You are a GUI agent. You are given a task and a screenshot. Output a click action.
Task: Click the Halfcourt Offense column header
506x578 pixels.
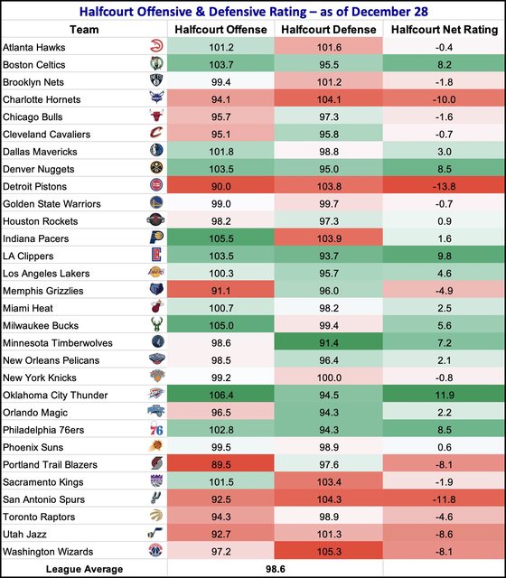pos(220,30)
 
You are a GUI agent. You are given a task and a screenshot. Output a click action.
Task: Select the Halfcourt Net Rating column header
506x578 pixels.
pos(444,30)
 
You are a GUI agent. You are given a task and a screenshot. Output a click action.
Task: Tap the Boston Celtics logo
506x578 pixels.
pos(156,64)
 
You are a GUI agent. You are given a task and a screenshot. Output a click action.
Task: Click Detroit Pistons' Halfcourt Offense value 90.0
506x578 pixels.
pos(220,187)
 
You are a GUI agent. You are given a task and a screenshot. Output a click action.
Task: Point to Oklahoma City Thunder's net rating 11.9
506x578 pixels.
pos(444,396)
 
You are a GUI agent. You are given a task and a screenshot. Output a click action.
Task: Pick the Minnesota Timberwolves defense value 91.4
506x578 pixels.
pos(329,343)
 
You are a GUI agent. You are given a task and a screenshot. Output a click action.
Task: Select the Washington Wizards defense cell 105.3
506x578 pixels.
pos(329,552)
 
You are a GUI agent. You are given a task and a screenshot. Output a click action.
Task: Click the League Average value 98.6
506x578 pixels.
pos(275,569)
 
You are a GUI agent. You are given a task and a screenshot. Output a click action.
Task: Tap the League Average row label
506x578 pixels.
pos(84,569)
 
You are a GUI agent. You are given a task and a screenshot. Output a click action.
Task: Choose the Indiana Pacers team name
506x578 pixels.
pos(36,238)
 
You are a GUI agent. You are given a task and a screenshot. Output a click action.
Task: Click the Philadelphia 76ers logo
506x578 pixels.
pos(156,429)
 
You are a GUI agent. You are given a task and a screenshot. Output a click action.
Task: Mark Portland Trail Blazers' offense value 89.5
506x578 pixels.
pos(220,465)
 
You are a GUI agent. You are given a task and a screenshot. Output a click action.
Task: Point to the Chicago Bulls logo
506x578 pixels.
pos(156,116)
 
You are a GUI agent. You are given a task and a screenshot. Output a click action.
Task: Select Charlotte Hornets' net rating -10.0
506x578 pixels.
pos(444,99)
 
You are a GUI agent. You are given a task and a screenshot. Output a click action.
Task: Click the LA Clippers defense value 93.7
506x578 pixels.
pos(329,256)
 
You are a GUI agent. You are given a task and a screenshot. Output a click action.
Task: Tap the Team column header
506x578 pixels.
pos(84,30)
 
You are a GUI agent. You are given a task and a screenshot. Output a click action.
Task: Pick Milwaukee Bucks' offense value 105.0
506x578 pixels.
pos(220,326)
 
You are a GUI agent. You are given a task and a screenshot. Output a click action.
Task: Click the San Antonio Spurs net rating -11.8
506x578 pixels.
pos(444,499)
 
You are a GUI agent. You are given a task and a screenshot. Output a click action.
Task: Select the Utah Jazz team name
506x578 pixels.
pos(24,535)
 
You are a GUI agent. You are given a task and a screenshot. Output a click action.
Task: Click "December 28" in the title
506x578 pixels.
pos(389,12)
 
